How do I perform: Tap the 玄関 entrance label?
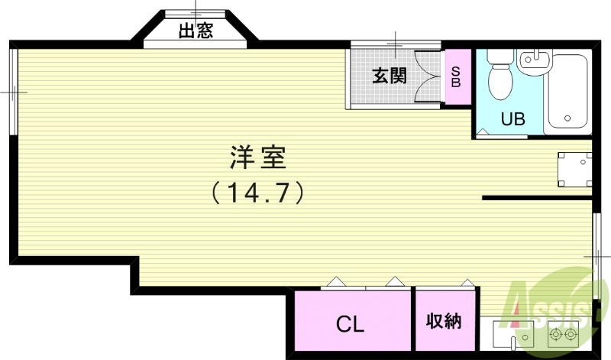click(x=389, y=76)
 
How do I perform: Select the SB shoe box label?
click(x=456, y=76)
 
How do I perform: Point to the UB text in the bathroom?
click(x=512, y=119)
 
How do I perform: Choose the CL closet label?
click(x=351, y=323)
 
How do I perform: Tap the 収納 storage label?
click(x=444, y=321)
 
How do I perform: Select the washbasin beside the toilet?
click(x=534, y=60)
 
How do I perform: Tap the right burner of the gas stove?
click(x=571, y=333)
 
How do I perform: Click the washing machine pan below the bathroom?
click(x=574, y=169)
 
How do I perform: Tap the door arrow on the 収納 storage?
click(x=466, y=282)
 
